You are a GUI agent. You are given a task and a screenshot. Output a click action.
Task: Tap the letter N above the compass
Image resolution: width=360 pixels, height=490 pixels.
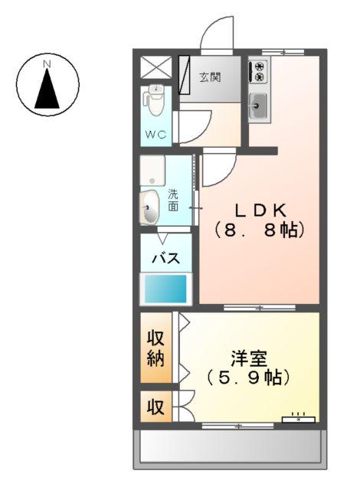pyautogui.click(x=47, y=63)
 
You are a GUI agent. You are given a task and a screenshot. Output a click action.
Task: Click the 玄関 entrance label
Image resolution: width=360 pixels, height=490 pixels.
pyautogui.click(x=209, y=77)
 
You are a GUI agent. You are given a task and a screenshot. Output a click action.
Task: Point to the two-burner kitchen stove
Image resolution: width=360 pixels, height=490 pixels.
pyautogui.click(x=258, y=72)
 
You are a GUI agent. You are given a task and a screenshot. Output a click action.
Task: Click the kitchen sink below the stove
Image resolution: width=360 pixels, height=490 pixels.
pyautogui.click(x=258, y=106)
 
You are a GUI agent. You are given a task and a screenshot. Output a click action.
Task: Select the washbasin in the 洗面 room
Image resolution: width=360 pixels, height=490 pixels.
pyautogui.click(x=149, y=205)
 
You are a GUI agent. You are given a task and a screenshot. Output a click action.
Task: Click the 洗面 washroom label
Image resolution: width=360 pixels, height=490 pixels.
pyautogui.click(x=173, y=200)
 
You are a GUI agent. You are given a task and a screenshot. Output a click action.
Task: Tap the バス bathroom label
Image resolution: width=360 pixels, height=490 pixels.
pyautogui.click(x=165, y=257)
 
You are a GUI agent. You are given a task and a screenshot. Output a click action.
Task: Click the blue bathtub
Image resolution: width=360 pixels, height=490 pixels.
pyautogui.click(x=165, y=289)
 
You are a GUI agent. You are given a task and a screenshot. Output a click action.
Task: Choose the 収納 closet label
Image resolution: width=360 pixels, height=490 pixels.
pyautogui.click(x=156, y=348)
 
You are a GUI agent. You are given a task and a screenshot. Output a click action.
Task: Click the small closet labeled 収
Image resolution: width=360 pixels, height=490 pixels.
pyautogui.click(x=155, y=407)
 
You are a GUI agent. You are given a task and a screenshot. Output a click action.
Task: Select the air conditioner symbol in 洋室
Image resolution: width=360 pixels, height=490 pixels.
pyautogui.click(x=299, y=418)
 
